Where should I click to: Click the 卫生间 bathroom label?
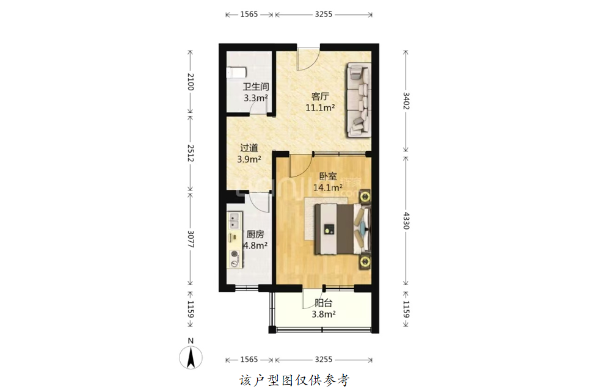(x=255, y=87)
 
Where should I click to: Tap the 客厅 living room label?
(x=320, y=96)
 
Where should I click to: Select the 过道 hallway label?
(x=249, y=148)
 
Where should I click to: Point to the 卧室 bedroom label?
(x=327, y=176)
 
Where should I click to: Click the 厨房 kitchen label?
(x=255, y=234)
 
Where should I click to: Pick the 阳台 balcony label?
(x=324, y=303)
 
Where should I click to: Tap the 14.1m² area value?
(x=327, y=188)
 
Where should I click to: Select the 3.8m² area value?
(x=324, y=314)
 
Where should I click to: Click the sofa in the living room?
(x=358, y=100)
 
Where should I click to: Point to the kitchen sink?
(x=235, y=220)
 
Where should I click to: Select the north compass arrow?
(x=191, y=358)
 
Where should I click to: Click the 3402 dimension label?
(x=406, y=101)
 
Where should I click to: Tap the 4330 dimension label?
(x=406, y=220)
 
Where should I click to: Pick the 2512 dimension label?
(x=191, y=153)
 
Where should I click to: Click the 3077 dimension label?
(x=191, y=239)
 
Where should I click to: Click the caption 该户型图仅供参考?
(x=294, y=380)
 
